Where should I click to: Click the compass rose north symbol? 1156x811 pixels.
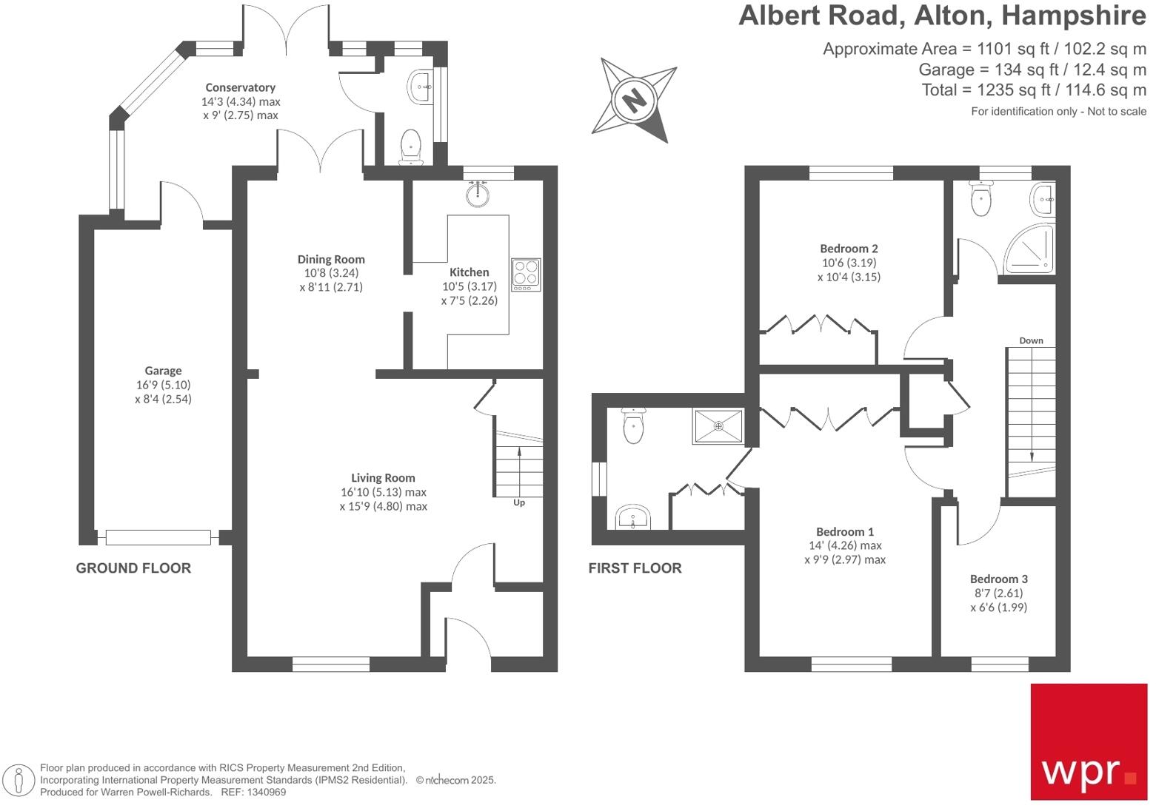tap(634, 98)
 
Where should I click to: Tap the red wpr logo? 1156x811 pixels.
tap(1088, 741)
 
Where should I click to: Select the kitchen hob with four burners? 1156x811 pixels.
tap(526, 274)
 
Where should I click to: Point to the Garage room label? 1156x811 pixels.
tap(163, 371)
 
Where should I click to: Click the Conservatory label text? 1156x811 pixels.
tap(240, 87)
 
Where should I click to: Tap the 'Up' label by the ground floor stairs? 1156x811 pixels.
tap(519, 502)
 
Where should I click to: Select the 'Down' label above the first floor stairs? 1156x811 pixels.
tap(1031, 340)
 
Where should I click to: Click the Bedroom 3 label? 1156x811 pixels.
tap(998, 579)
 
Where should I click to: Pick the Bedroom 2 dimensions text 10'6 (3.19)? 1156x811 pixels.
tap(849, 263)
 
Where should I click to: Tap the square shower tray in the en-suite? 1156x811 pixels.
tap(718, 426)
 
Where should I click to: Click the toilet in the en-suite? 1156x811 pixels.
tap(633, 426)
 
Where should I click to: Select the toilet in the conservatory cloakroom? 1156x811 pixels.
tap(410, 145)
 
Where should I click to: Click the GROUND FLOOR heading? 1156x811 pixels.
tap(133, 568)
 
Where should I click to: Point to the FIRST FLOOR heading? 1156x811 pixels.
tap(635, 568)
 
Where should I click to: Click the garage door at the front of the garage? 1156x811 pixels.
tap(158, 538)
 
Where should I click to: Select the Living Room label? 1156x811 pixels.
tap(383, 478)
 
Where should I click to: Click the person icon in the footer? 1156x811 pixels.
tap(19, 780)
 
